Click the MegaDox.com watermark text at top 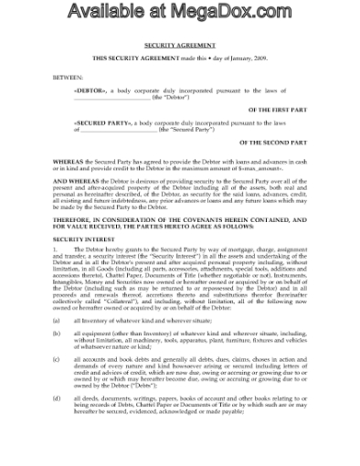coord(179,14)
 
